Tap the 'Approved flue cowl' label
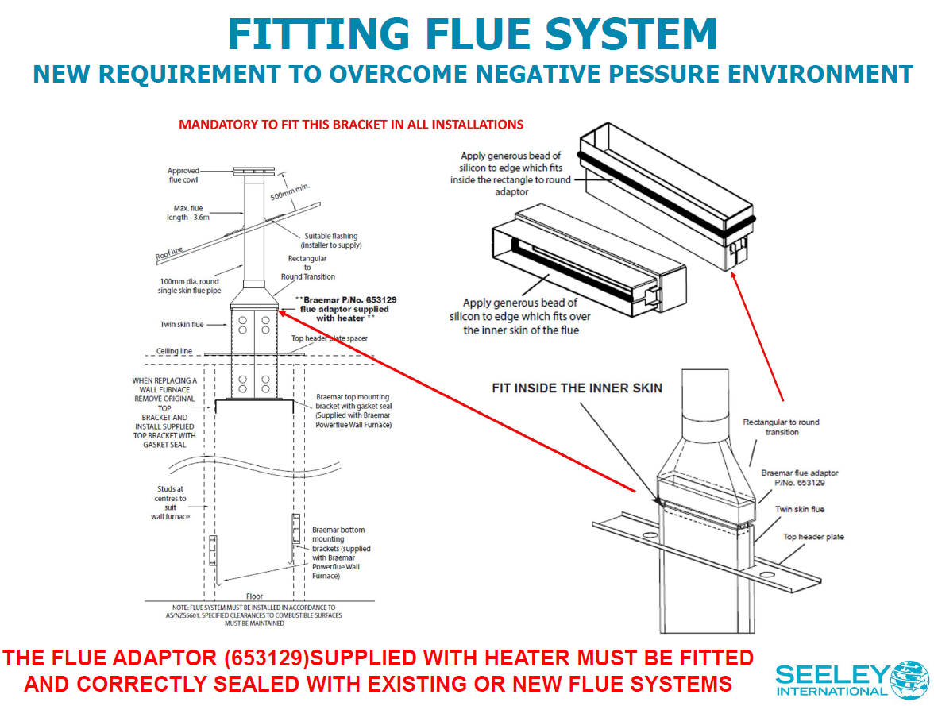183,176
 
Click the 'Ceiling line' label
174,351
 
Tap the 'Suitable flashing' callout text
331,241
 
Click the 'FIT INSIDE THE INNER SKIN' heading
577,388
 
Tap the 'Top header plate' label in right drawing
813,537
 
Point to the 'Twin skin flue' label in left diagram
181,324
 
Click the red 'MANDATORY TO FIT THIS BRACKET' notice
351,125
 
